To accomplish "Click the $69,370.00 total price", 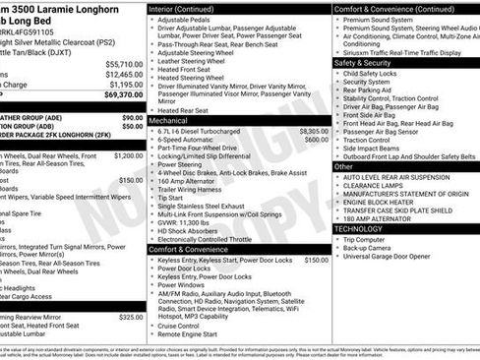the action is point(121,95).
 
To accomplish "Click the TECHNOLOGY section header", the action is point(359,228).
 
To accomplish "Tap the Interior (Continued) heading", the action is point(190,8).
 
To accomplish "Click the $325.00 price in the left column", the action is point(130,317).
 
